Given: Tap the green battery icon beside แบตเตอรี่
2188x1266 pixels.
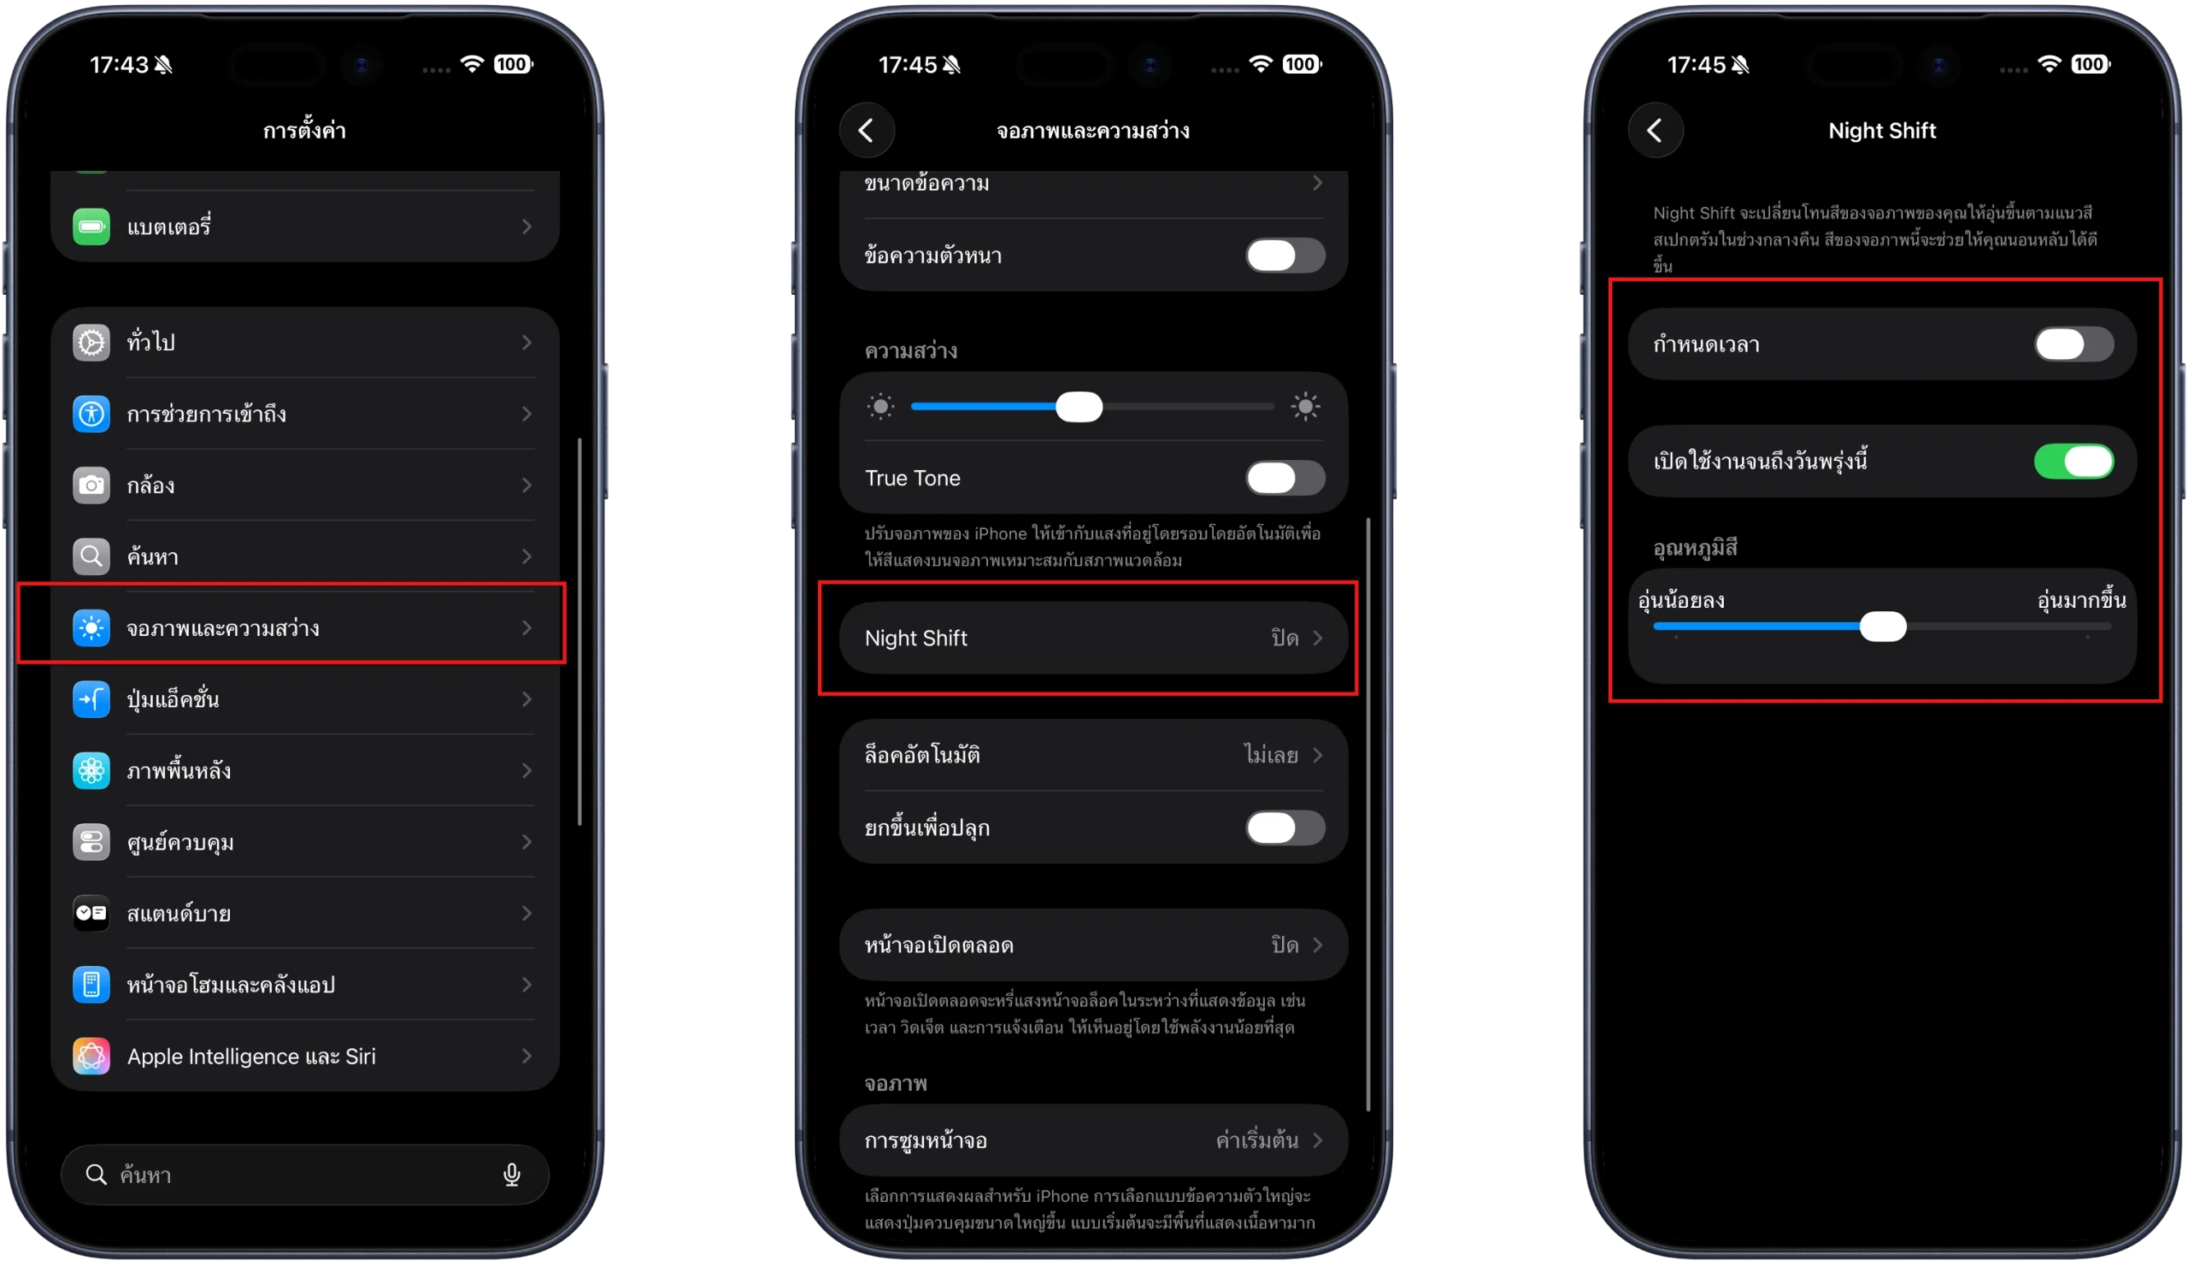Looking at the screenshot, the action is (91, 227).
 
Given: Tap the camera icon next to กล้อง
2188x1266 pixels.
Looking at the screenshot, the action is (91, 486).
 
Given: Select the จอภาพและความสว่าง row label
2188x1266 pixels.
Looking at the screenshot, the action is (223, 627).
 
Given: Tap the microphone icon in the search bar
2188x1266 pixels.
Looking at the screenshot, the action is (511, 1175).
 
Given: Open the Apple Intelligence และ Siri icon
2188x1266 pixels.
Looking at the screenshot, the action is (91, 1056).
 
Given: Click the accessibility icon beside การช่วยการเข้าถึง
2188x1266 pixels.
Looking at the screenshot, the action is (91, 415).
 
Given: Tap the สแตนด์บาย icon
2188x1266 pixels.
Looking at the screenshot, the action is (91, 914).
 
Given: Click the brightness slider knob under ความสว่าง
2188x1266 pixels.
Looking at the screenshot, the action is (1079, 406).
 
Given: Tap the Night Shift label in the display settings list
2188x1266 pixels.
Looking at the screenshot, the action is (916, 639).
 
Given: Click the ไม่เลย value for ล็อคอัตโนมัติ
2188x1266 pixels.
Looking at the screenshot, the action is (1271, 755).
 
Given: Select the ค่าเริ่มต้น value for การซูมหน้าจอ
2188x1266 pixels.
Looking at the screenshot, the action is (1256, 1140).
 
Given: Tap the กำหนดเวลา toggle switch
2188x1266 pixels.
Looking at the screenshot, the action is (2073, 344).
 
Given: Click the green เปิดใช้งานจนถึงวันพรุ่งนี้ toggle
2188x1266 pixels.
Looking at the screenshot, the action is (2073, 461).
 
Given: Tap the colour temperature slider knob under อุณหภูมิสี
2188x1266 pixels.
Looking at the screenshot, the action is (1882, 626).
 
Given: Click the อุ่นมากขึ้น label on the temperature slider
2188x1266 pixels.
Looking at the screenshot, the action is (2081, 600).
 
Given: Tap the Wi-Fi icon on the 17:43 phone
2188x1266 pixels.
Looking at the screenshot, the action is (472, 64).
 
